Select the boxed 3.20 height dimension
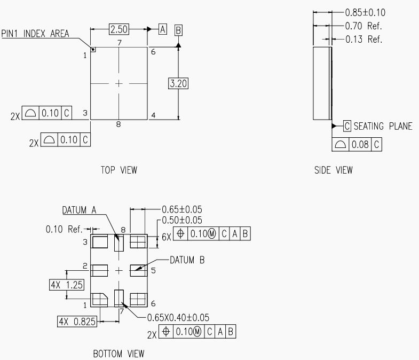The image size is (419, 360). (178, 83)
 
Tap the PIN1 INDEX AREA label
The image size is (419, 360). (35, 34)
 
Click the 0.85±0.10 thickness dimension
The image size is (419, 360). (365, 12)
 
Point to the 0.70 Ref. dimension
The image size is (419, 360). (363, 26)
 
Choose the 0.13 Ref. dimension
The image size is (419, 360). (363, 39)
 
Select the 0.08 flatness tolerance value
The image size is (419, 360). (361, 144)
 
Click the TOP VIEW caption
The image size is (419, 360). (118, 170)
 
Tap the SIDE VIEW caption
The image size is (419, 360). (333, 170)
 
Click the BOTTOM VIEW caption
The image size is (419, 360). (118, 354)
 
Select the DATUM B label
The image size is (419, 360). (187, 260)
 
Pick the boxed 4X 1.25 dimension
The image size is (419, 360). (66, 285)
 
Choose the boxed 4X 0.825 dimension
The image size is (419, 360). (77, 322)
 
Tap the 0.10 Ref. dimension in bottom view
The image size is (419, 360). (64, 229)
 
